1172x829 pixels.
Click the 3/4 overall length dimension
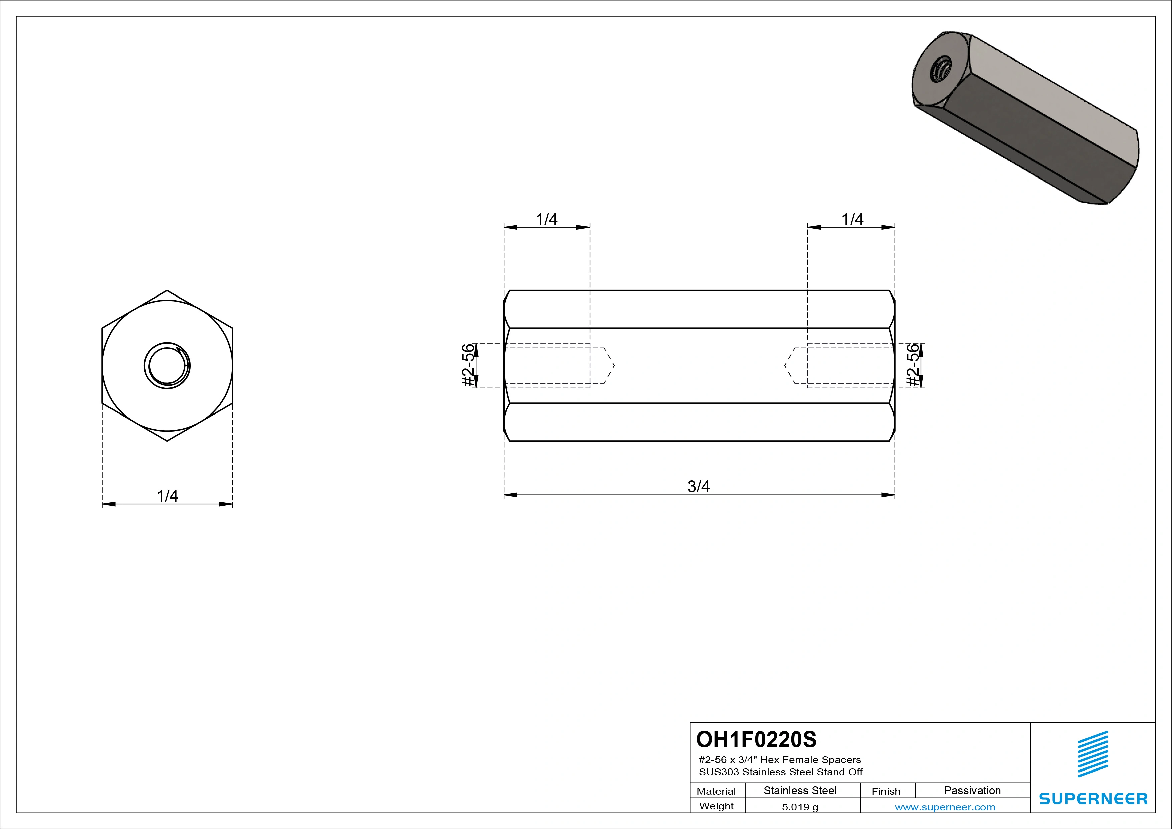(x=698, y=486)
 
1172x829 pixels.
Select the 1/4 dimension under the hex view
(x=167, y=496)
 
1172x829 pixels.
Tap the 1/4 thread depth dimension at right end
(x=852, y=219)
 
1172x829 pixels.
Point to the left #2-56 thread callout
(x=468, y=365)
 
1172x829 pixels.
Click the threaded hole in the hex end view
(x=167, y=365)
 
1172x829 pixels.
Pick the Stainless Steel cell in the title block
(x=800, y=791)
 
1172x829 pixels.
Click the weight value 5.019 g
(x=800, y=807)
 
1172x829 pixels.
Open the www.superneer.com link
(x=945, y=807)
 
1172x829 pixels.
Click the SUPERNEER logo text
(x=1093, y=798)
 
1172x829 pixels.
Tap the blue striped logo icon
(x=1093, y=754)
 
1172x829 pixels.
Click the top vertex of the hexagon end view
(x=167, y=290)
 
